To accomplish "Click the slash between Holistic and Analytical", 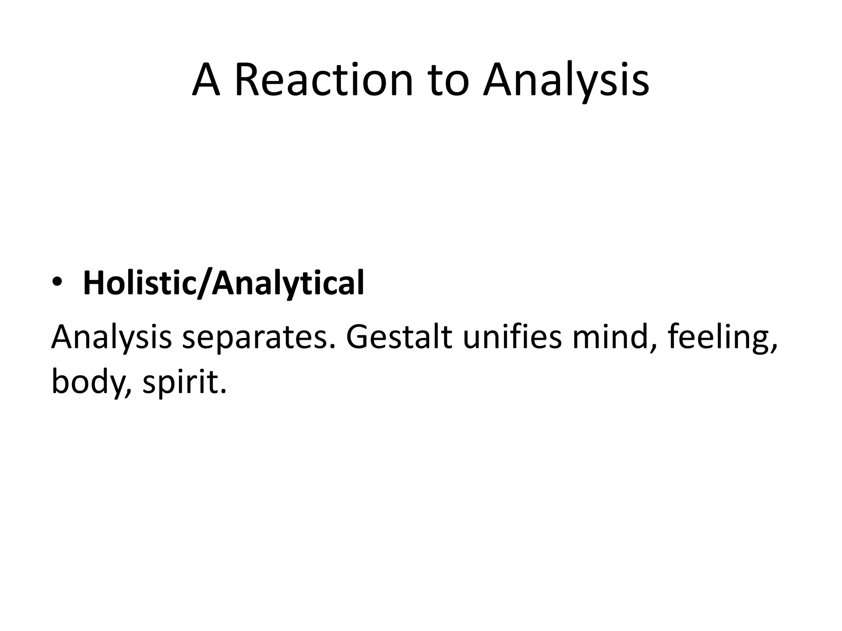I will tap(204, 283).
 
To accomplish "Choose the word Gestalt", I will tap(399, 337).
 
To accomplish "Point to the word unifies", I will tap(512, 337).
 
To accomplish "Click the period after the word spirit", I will tap(224, 391).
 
